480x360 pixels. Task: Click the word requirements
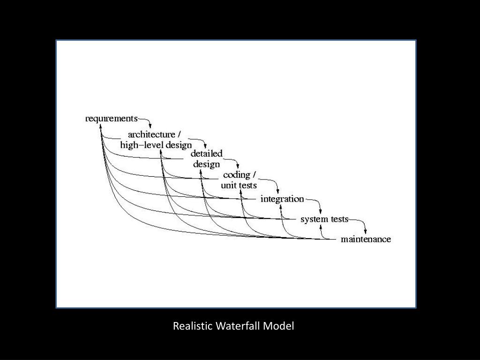tap(112, 119)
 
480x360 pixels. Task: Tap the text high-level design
tap(156, 145)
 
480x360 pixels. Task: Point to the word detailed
tap(206, 154)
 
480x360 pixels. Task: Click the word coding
tap(236, 175)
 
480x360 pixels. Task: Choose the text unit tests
tap(239, 185)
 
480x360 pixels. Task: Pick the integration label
tap(282, 199)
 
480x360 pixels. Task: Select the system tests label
tap(324, 219)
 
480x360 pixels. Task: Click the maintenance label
tap(366, 239)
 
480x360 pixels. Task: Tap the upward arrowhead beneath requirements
tap(101, 126)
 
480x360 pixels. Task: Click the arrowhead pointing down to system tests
tap(320, 211)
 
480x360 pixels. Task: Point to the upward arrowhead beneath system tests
tap(322, 227)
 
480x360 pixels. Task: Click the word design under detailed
tap(206, 164)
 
